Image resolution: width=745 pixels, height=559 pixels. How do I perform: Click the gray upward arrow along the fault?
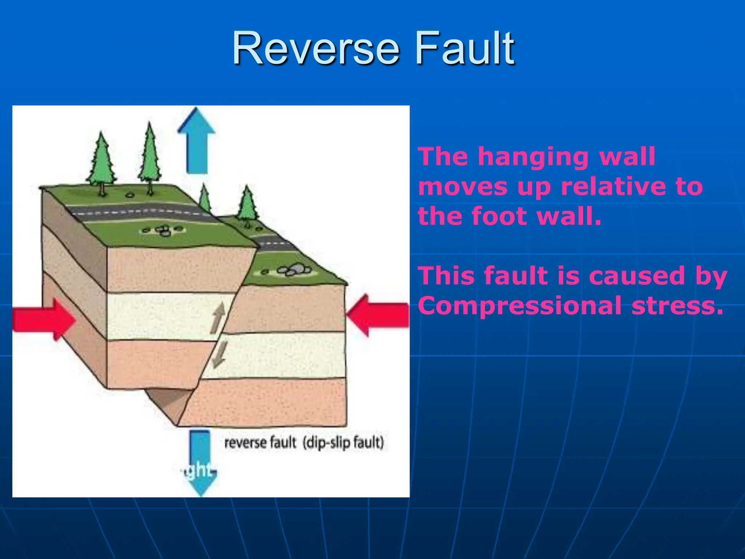pos(218,318)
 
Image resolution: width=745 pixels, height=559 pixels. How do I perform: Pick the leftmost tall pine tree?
pos(102,162)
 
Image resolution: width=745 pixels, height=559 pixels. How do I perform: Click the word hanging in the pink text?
pos(533,157)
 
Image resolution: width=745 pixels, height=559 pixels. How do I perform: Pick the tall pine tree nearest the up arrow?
pos(150,156)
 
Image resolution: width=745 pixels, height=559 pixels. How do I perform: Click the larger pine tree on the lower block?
pos(247,204)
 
